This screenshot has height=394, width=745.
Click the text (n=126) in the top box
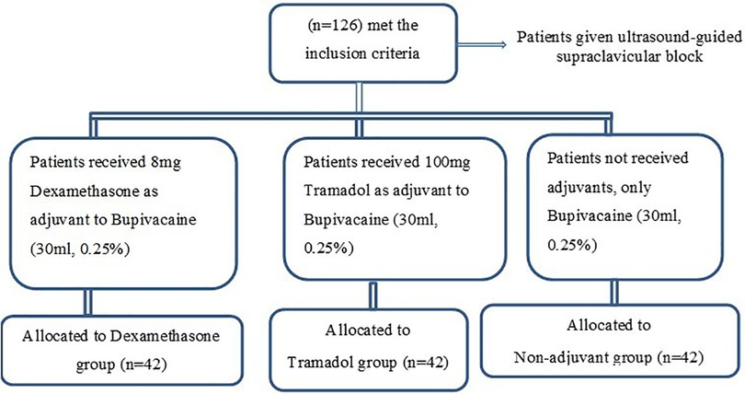tap(333, 25)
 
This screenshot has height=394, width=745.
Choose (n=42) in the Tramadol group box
tap(425, 363)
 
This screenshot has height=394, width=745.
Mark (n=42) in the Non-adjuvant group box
tap(680, 357)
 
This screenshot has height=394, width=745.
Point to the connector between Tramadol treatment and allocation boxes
tap(373, 295)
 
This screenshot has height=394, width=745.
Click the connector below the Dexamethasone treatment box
tap(88, 302)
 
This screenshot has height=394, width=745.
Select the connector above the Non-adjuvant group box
tap(614, 293)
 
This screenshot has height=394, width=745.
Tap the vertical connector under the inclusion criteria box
tap(360, 98)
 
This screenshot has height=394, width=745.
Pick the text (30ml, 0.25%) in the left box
tap(80, 249)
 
